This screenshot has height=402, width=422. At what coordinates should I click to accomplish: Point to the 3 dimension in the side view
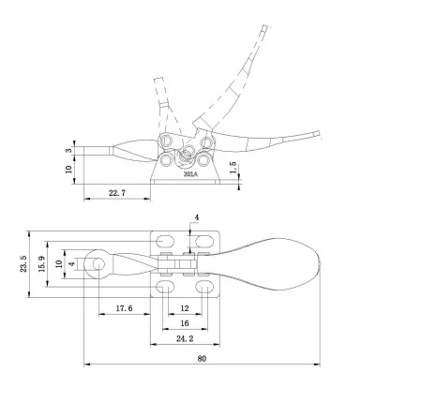click(69, 150)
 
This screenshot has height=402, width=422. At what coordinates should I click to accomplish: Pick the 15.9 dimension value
click(42, 265)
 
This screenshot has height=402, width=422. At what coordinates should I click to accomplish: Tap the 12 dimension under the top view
click(184, 306)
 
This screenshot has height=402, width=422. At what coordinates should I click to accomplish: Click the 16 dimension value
click(184, 322)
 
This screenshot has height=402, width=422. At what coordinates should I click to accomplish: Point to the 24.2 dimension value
click(184, 338)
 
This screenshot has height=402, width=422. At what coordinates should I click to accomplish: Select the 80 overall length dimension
click(201, 357)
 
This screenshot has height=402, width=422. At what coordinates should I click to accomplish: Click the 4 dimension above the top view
click(196, 217)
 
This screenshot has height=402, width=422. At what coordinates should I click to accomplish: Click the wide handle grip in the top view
click(278, 264)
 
